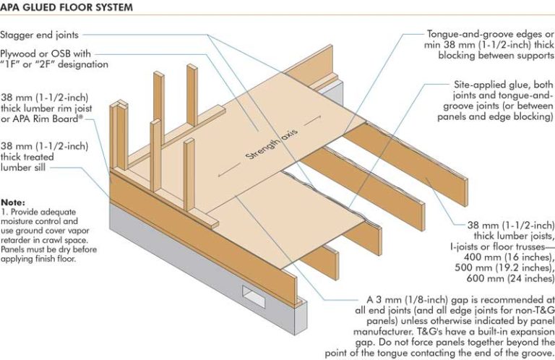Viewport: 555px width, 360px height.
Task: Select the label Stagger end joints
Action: (x=40, y=34)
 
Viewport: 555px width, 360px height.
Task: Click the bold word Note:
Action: (x=13, y=201)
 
